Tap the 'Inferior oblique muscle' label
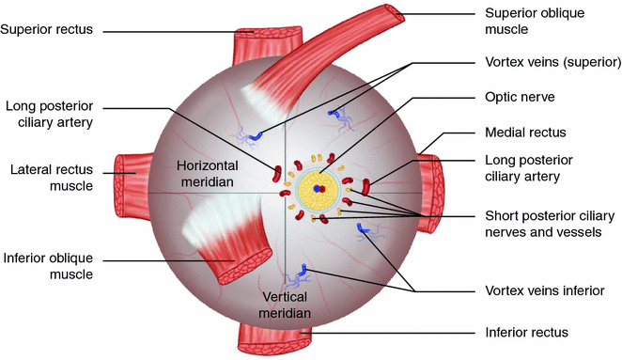click(47, 265)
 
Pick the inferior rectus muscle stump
click(275, 336)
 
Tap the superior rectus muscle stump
click(272, 38)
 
